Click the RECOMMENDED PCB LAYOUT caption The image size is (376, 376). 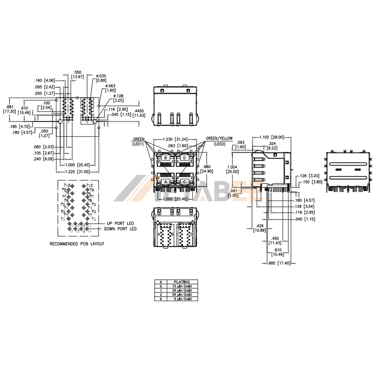click(77, 244)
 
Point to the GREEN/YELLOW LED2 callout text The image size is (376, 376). click(219, 141)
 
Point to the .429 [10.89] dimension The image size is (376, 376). click(259, 227)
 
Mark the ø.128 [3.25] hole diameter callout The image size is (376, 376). click(118, 99)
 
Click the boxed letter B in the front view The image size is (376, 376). click(165, 158)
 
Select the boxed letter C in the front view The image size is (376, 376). click(185, 182)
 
